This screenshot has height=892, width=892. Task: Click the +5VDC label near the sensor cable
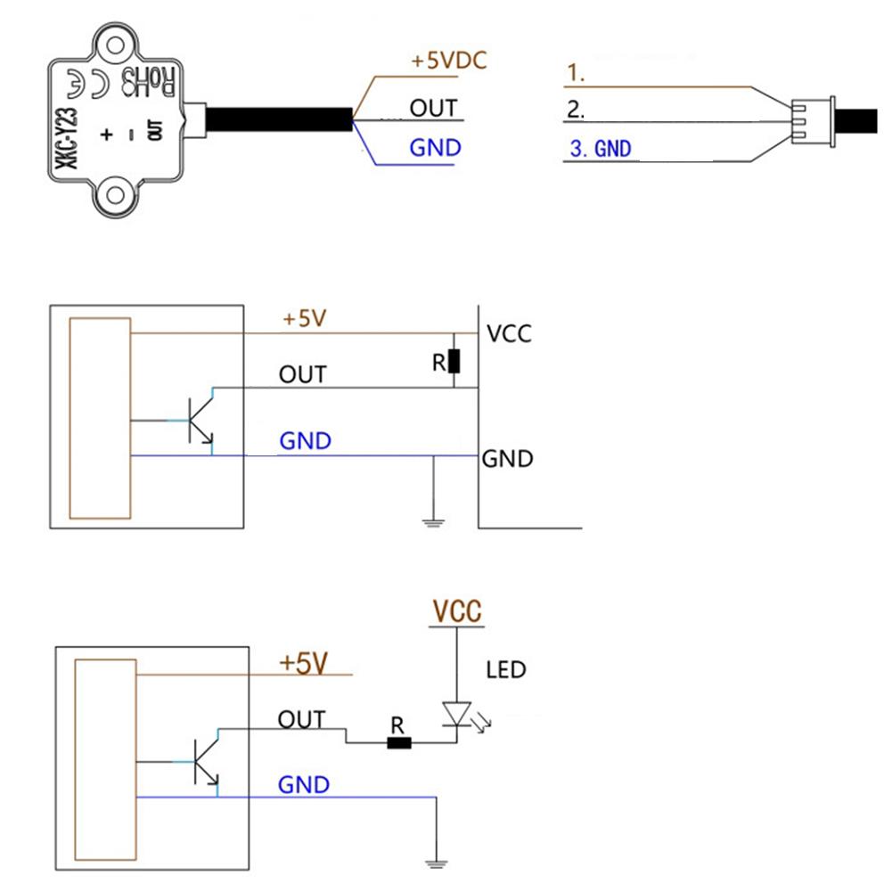click(x=449, y=61)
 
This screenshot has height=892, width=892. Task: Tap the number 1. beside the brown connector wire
click(x=577, y=75)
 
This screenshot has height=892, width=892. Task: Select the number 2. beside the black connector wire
click(x=577, y=111)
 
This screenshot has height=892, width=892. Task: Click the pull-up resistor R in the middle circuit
click(x=454, y=361)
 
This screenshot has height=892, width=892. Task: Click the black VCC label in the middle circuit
click(x=509, y=334)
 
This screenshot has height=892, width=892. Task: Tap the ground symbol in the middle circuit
click(x=432, y=519)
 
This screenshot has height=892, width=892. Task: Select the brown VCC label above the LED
click(x=457, y=611)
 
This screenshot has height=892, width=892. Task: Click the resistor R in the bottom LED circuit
click(x=399, y=741)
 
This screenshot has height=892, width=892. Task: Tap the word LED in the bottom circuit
click(x=505, y=668)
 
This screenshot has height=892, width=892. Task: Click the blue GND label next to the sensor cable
click(x=435, y=147)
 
